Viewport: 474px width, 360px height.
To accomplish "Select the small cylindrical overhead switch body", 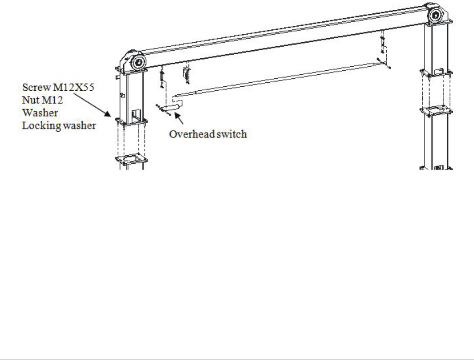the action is point(173,107).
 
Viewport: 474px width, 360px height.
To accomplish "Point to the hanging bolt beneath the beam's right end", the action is point(382,44).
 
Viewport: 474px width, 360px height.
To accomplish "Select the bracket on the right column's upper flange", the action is point(438,70).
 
